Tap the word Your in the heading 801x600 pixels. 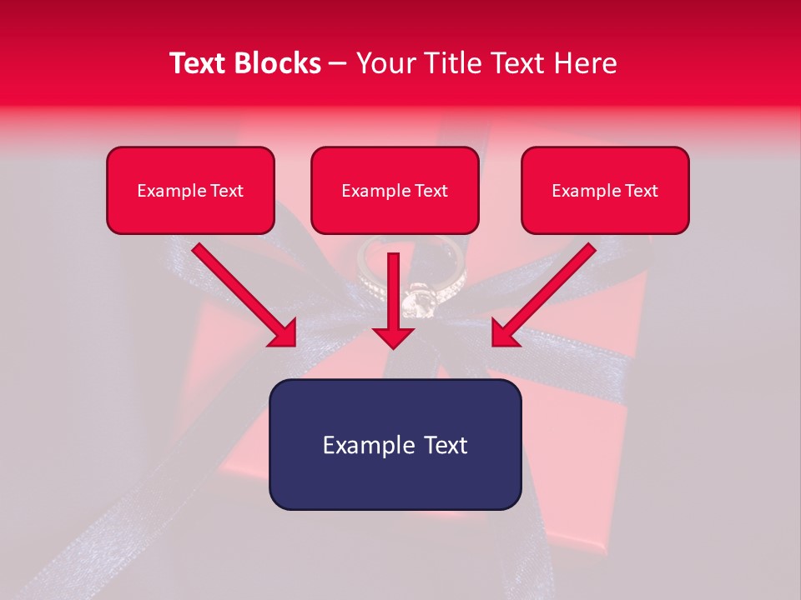tap(385, 63)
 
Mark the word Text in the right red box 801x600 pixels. tap(641, 191)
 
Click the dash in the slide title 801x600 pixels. tap(338, 64)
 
